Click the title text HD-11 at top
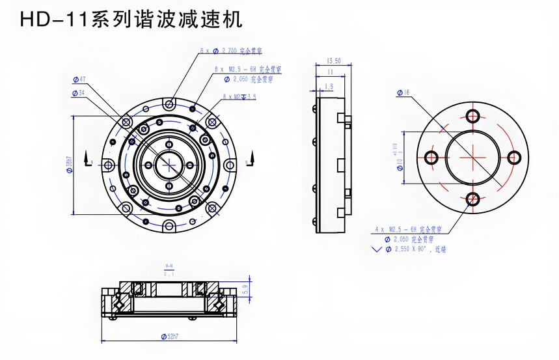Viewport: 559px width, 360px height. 55,20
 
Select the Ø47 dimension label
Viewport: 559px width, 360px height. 80,79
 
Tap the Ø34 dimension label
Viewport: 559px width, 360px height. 79,93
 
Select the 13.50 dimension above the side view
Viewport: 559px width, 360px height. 333,61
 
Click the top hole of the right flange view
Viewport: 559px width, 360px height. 472,116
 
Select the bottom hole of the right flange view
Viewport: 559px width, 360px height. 472,199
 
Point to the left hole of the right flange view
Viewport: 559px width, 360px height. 430,158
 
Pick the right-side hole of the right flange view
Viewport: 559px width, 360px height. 513,158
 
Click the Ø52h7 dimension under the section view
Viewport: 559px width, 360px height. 169,337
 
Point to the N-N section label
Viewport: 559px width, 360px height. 169,266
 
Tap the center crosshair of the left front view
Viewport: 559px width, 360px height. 169,163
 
